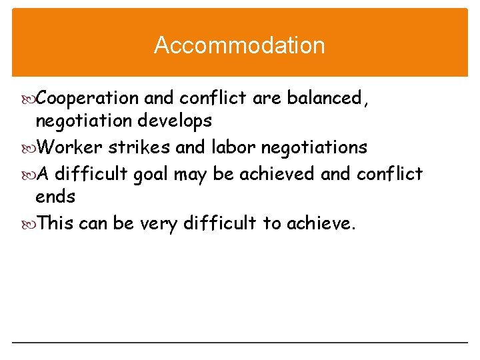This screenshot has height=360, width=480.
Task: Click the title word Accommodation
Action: (x=239, y=45)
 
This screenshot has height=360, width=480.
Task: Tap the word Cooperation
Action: (x=87, y=99)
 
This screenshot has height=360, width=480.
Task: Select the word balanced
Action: (x=327, y=99)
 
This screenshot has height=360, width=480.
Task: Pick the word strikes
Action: (x=138, y=147)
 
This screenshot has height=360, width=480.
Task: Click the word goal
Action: (x=151, y=174)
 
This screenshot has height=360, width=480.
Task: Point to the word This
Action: (x=55, y=223)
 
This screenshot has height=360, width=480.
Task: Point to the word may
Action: (x=192, y=175)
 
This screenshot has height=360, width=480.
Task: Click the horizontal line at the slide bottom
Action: (x=239, y=343)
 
